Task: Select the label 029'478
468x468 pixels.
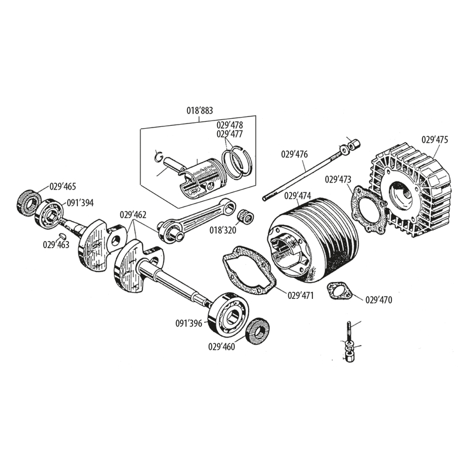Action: [230, 125]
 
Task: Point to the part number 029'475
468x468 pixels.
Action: [435, 140]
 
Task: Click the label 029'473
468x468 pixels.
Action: [338, 179]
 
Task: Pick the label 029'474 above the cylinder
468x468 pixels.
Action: [298, 195]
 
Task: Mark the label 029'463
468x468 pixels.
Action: [56, 245]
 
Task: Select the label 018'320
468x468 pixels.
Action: [223, 230]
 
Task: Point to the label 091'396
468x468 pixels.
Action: [188, 322]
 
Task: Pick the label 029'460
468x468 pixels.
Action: [221, 346]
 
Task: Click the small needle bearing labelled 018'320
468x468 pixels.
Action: [246, 216]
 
